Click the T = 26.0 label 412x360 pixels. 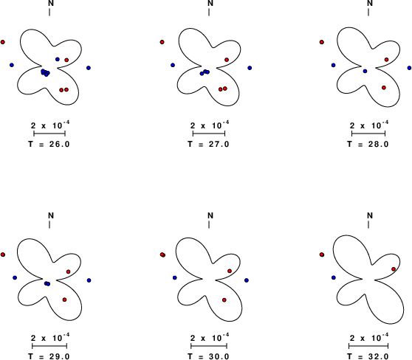click(49, 144)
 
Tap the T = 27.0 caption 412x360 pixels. click(209, 144)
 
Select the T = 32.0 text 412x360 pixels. click(368, 356)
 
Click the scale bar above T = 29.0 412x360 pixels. click(49, 345)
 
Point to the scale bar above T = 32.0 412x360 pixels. click(368, 345)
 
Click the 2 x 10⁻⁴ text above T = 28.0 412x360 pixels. click(369, 125)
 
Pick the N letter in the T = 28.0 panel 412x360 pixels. click(370, 3)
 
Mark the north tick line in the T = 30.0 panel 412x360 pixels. click(209, 225)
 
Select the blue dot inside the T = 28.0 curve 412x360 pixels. click(365, 71)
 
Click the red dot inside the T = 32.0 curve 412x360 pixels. click(394, 269)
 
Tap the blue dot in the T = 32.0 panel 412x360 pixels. click(334, 277)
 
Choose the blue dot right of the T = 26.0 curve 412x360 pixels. click(89, 68)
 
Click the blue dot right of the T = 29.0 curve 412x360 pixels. click(89, 280)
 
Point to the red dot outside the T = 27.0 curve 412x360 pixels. click(162, 42)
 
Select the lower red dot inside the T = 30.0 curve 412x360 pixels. click(224, 300)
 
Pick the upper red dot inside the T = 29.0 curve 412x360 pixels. click(69, 271)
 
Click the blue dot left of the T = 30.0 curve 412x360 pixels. click(175, 277)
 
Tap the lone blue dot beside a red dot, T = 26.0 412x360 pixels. click(58, 59)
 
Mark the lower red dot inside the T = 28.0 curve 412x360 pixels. click(384, 88)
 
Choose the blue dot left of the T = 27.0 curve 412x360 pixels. click(173, 65)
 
